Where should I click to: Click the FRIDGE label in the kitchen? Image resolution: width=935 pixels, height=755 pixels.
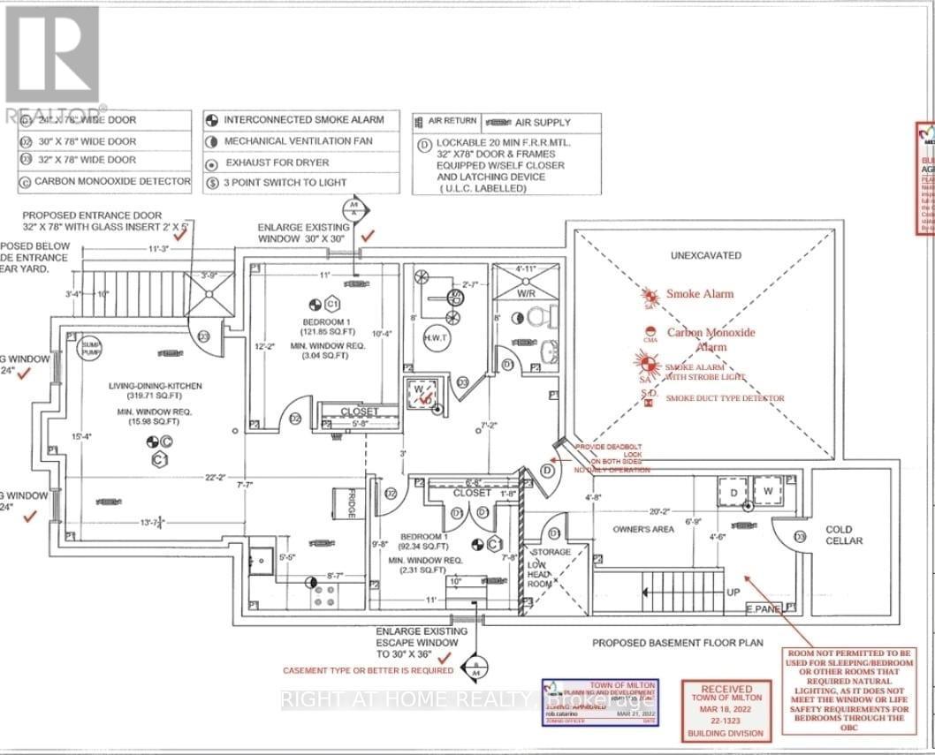tap(350, 504)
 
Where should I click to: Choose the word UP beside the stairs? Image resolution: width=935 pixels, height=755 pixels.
tap(732, 593)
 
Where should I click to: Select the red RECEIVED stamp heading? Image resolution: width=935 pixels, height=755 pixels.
tap(726, 688)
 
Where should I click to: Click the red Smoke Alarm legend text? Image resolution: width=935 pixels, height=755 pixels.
tap(700, 294)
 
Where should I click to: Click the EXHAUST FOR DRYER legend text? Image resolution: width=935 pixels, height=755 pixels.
tap(277, 162)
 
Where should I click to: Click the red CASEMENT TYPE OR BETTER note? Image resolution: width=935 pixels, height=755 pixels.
tap(368, 671)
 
